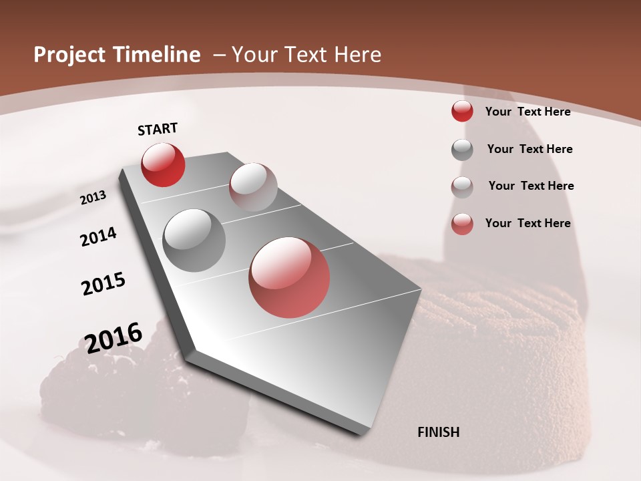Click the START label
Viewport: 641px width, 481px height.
click(158, 129)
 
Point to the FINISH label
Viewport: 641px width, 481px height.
click(439, 432)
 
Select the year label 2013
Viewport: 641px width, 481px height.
click(93, 198)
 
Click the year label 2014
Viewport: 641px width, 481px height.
click(99, 236)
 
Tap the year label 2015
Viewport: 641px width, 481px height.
click(103, 284)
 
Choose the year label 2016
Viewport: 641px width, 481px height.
click(114, 337)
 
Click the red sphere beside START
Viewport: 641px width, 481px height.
click(163, 165)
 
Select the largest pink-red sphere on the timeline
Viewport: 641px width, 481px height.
click(289, 278)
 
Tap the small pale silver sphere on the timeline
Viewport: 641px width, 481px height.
click(253, 187)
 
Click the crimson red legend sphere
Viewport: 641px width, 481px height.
click(462, 111)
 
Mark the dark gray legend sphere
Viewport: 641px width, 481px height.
click(462, 150)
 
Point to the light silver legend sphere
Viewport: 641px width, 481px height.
click(462, 187)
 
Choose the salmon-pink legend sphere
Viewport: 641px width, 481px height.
click(462, 224)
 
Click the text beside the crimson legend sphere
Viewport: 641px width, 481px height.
click(527, 112)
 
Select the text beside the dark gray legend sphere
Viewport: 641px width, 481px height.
click(529, 149)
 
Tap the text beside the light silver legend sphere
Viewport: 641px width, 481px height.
click(531, 186)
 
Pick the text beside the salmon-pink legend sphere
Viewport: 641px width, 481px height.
click(527, 223)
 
